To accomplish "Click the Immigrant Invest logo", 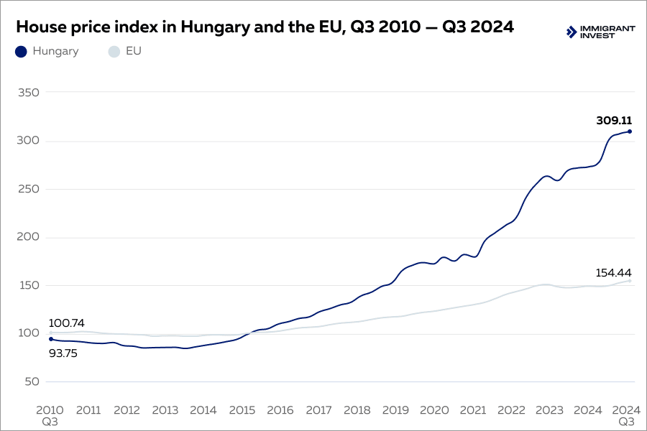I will point(601,32).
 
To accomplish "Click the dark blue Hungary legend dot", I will point(21,52).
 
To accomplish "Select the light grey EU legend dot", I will point(113,52).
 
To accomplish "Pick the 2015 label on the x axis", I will point(242,410).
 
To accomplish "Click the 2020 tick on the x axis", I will point(433,410).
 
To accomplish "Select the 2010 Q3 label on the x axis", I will point(50,415).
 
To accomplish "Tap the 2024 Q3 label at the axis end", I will point(626,415).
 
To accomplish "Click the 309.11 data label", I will point(613,121).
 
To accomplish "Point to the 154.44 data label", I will point(613,273).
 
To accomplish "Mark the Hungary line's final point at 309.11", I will point(629,131).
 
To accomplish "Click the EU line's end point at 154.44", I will point(629,281).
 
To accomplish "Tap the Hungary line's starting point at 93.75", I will point(50,339).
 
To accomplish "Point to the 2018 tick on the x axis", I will point(357,410).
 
